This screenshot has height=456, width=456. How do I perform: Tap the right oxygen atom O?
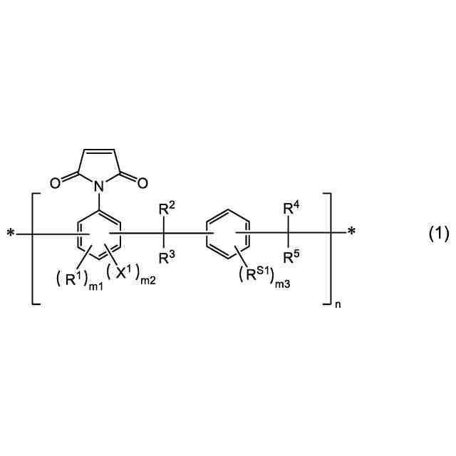coord(142,182)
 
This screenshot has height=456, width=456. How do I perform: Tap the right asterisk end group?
coord(351,233)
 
